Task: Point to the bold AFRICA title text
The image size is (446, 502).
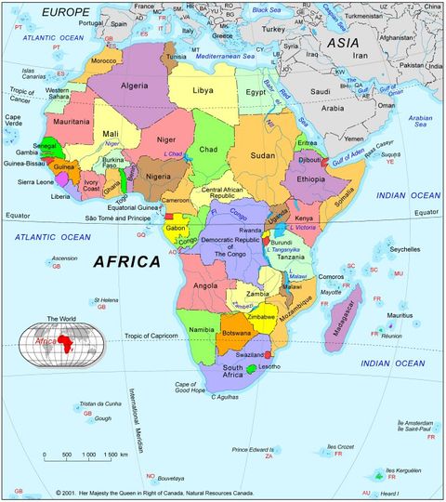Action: coord(127,262)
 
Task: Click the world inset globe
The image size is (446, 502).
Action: coord(62,340)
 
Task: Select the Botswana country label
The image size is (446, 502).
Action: coord(238,334)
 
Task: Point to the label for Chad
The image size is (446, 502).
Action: coord(209,149)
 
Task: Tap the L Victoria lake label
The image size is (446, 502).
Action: coord(305,226)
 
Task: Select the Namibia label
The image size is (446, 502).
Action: coord(203,330)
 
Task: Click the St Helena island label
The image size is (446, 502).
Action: coord(107,300)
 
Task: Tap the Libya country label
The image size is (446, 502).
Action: coord(203,91)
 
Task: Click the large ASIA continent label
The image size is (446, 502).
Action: coord(343,42)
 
